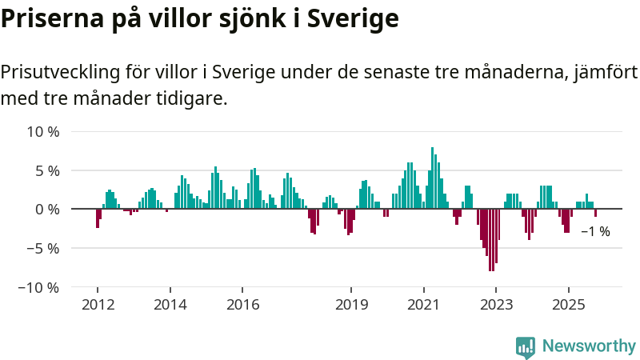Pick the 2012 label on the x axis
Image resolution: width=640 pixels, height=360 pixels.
coord(98,305)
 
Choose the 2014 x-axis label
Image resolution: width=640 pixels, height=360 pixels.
coord(170,305)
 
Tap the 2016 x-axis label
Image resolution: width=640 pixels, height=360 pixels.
coord(242,305)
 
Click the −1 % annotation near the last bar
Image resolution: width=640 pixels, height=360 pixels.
coord(595,231)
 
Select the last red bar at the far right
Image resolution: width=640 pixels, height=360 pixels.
coord(595,213)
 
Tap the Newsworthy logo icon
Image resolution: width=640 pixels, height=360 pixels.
coord(526,346)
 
